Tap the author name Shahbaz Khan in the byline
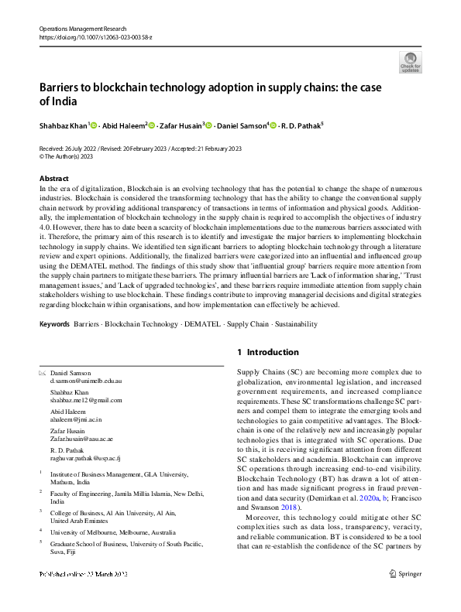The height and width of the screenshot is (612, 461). tap(64, 125)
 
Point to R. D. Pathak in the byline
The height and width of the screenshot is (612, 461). tap(298, 125)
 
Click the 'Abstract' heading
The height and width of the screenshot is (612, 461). tap(53, 179)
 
